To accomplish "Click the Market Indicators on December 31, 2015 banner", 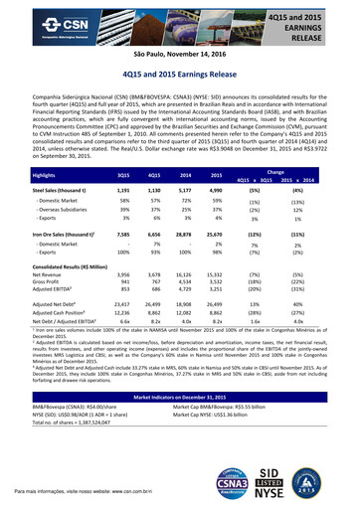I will (179, 424).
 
